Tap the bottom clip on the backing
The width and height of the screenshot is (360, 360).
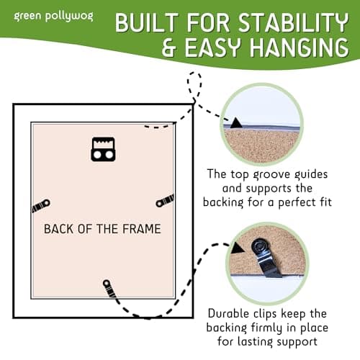click(x=108, y=288)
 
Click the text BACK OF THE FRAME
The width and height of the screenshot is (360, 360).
click(x=102, y=229)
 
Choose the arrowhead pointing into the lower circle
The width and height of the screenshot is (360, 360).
click(x=235, y=250)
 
